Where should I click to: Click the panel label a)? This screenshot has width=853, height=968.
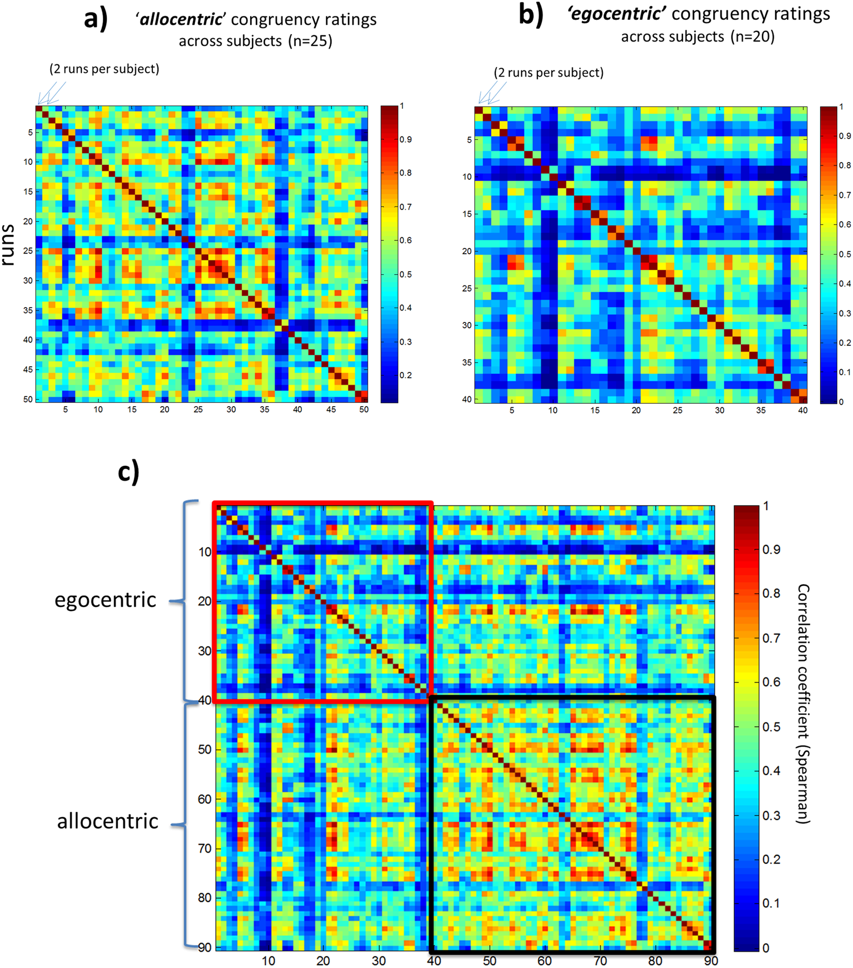[x=95, y=19]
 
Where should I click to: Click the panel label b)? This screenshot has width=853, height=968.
[x=531, y=15]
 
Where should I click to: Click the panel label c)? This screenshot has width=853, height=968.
[x=129, y=473]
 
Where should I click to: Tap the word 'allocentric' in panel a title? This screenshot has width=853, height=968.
[x=181, y=20]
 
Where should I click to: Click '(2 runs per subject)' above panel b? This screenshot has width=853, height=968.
[x=548, y=73]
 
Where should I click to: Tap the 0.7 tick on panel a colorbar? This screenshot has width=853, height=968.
[x=405, y=207]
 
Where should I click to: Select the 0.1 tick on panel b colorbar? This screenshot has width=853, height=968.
[x=845, y=373]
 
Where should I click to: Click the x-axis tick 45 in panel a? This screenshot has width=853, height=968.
[x=331, y=409]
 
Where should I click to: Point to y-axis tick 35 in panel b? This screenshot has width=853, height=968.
[x=467, y=362]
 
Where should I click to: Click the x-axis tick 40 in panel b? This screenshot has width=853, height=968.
[x=802, y=410]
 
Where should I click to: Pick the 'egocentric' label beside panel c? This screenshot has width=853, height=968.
[x=105, y=601]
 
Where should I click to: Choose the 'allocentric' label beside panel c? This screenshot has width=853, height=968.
[x=107, y=821]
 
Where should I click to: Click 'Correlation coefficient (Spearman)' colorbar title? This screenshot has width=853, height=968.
[x=802, y=704]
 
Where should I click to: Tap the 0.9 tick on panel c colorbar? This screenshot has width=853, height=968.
[x=771, y=550]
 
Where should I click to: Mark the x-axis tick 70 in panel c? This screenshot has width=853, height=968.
[x=600, y=961]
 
